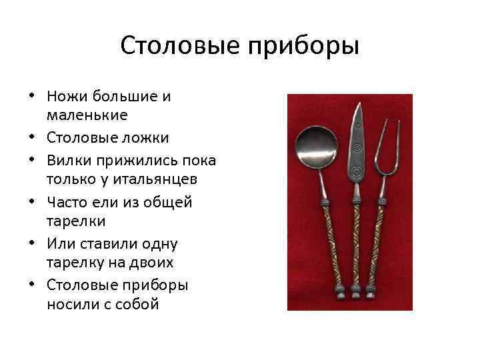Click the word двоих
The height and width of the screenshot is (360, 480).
[x=150, y=263]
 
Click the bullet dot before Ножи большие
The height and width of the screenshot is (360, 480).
[x=31, y=97]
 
